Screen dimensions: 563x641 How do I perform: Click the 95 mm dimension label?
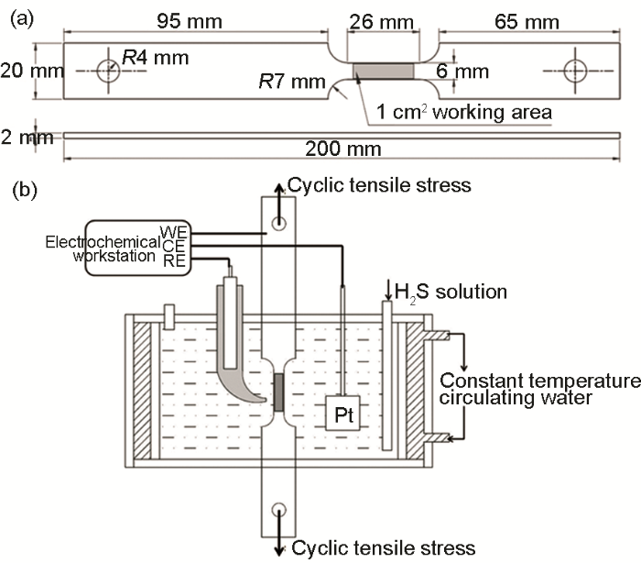[173, 20]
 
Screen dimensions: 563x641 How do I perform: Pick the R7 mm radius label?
[292, 83]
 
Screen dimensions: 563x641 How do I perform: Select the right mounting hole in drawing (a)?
[576, 71]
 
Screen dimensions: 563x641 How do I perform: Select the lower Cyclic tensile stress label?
[385, 548]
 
